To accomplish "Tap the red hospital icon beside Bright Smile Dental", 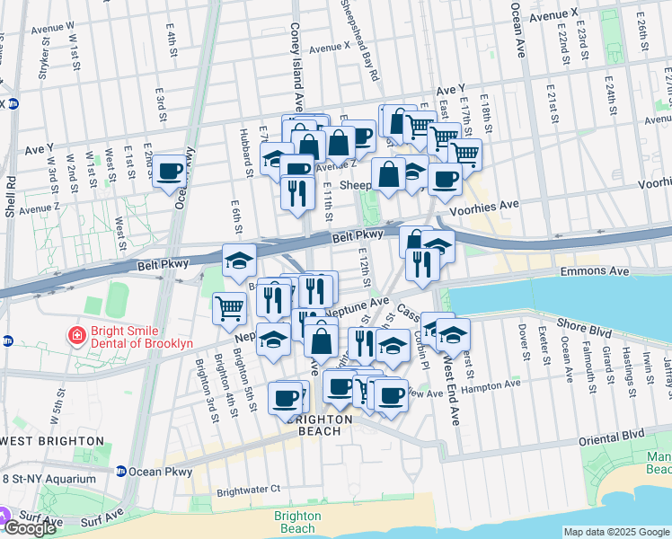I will click(78, 337).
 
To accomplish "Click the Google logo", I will click(30, 528).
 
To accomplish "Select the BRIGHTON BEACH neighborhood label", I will click(319, 425).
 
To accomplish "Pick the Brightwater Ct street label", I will click(248, 490).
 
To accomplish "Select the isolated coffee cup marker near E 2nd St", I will click(168, 171).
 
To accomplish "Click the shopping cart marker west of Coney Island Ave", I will click(230, 307).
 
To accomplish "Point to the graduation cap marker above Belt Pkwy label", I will click(239, 260).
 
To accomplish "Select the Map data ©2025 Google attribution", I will click(616, 532).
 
